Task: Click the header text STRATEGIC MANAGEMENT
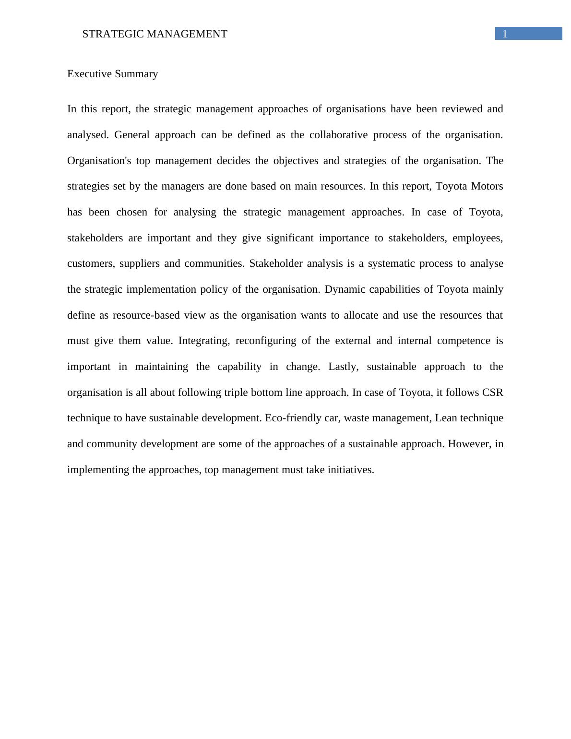click(x=155, y=34)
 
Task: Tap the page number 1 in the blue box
click(x=505, y=34)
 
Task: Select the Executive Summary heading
click(x=112, y=74)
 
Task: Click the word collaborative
click(x=338, y=135)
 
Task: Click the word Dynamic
click(x=342, y=289)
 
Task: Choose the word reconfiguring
click(x=266, y=341)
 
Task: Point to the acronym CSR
click(x=492, y=393)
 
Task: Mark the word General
click(x=131, y=135)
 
